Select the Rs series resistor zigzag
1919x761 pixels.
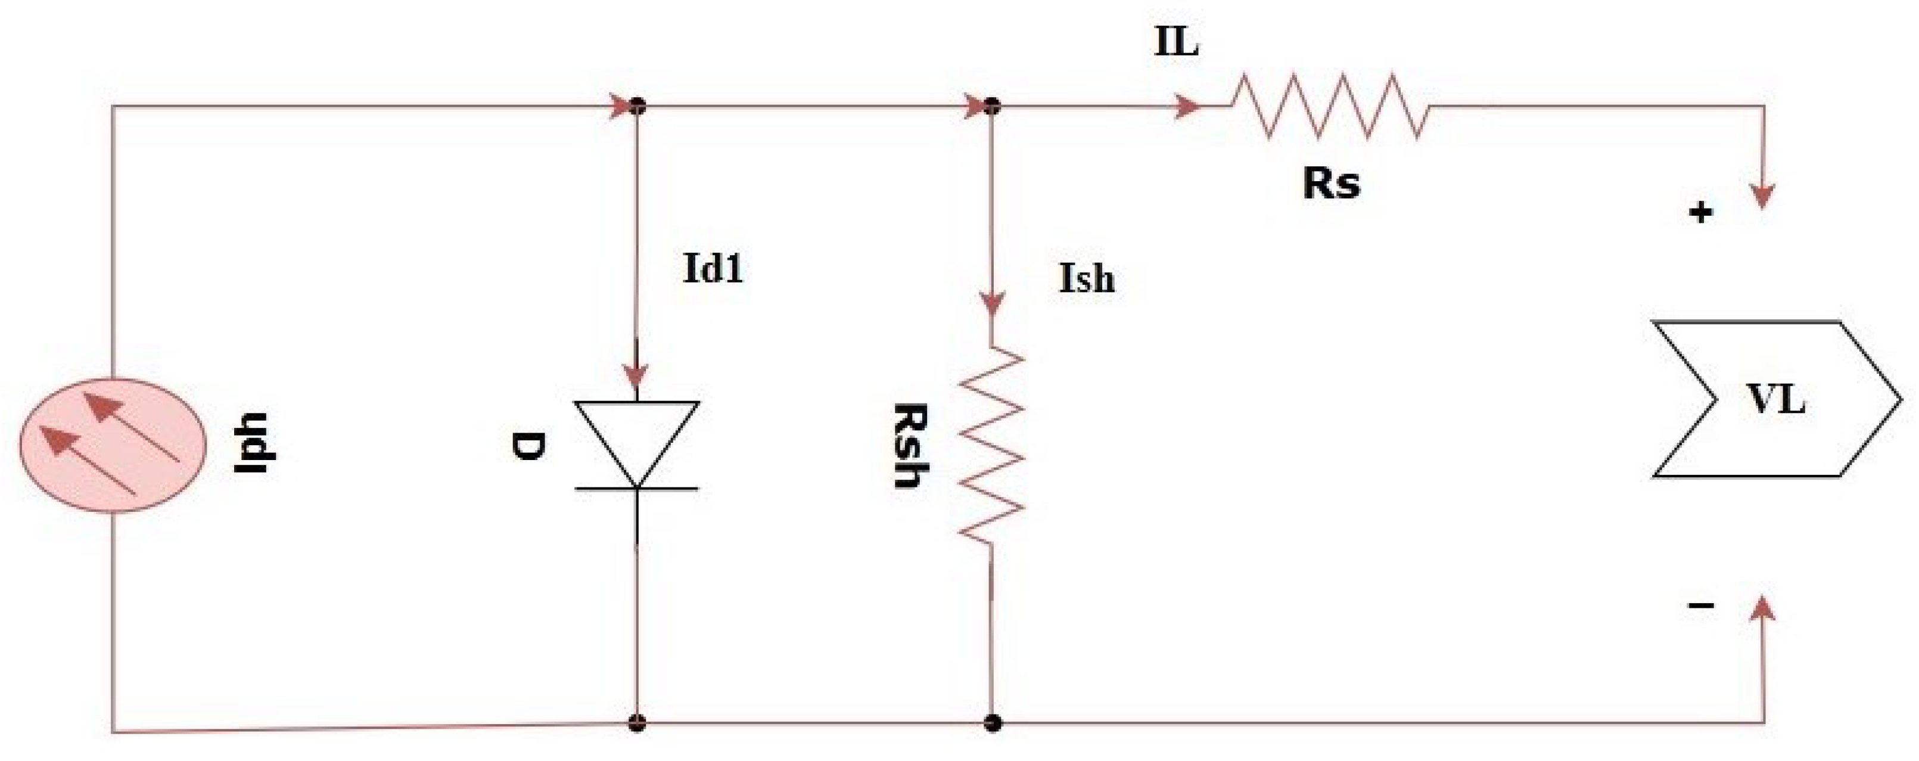[x=1330, y=106]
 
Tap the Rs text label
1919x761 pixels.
[x=1331, y=182]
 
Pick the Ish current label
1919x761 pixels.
[x=1087, y=279]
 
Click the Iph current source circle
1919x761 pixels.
[x=113, y=445]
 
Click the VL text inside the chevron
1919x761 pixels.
[x=1777, y=400]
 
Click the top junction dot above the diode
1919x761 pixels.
[x=636, y=107]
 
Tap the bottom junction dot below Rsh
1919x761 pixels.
[x=991, y=722]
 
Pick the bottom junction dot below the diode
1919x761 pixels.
[x=636, y=722]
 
